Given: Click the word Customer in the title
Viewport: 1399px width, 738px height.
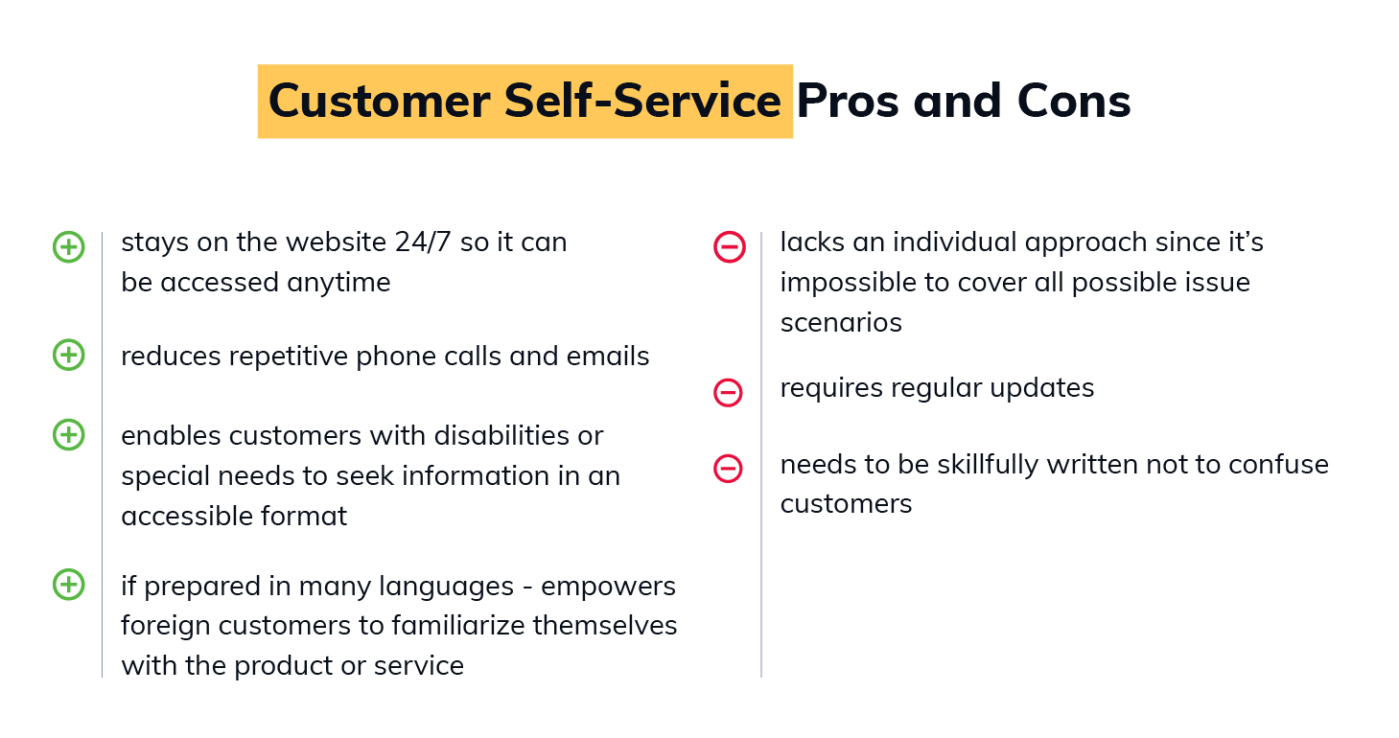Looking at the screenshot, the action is coord(379,102).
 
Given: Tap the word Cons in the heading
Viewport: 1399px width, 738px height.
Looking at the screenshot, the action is coord(1074,102).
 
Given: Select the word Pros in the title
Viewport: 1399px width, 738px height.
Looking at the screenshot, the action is coord(848,102).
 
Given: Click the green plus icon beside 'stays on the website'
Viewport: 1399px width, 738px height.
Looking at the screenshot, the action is coord(69,247).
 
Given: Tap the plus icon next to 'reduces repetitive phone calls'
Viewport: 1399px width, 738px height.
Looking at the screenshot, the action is coord(69,355).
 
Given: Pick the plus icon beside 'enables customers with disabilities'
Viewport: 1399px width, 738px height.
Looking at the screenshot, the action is coord(69,434).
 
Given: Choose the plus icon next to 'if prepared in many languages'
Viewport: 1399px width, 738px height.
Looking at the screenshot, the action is coord(69,585).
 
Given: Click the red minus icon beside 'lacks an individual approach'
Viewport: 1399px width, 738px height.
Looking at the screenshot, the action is coord(730,247).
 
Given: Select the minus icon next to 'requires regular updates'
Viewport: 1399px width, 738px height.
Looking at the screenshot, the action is coord(728,393).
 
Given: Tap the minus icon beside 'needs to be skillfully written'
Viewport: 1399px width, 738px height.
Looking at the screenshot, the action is coord(728,469).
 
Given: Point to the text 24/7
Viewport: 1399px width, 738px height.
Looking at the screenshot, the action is coord(423,242).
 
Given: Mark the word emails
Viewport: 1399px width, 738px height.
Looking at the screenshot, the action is coord(608,357).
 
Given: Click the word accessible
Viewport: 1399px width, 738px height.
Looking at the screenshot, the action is coord(187,517).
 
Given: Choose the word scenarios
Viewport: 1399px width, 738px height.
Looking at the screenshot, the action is coord(841,323).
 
